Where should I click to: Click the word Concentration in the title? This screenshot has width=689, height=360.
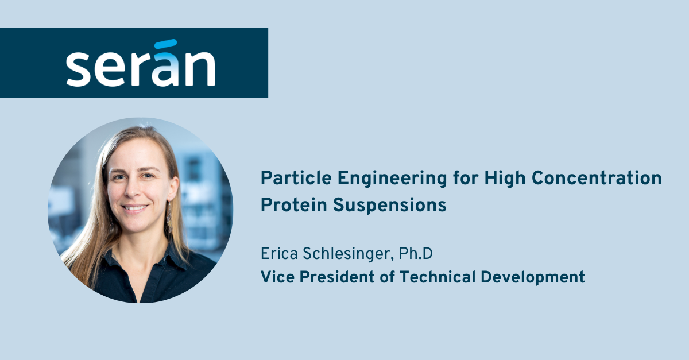[597, 179]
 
